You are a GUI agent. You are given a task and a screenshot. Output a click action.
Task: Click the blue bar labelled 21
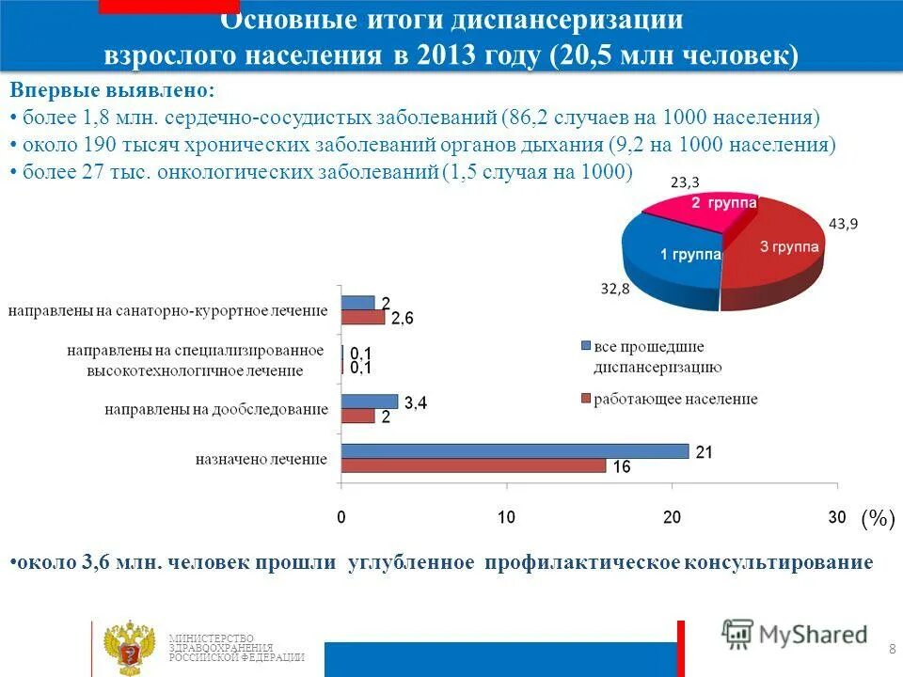tap(515, 451)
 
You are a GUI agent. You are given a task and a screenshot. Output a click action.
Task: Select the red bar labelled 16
tap(473, 465)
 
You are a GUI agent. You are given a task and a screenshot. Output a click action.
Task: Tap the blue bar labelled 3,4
tap(370, 401)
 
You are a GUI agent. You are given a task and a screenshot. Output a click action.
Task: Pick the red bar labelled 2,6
tap(363, 317)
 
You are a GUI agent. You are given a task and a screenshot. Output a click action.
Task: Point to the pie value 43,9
tap(843, 224)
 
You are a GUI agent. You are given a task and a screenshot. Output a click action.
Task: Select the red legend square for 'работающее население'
tap(585, 400)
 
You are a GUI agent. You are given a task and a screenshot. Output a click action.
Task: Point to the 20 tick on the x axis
tap(672, 517)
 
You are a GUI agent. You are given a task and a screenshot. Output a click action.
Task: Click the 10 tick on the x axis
tap(506, 517)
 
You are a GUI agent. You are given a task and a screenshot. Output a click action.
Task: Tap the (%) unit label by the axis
tap(878, 518)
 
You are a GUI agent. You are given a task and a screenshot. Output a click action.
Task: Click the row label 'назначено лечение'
tap(261, 460)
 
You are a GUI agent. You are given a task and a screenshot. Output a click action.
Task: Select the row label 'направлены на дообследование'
tap(216, 410)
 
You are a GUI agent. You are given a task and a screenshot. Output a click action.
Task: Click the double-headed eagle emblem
tap(129, 648)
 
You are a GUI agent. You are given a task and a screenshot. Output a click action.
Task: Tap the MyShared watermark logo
tap(795, 634)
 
